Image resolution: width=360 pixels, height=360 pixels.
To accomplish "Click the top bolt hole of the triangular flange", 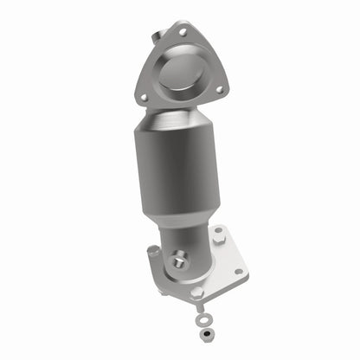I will pos(182,31).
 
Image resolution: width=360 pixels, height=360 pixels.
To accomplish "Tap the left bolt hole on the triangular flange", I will pos(143,97).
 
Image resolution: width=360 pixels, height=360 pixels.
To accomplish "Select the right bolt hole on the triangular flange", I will pos(220,88).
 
